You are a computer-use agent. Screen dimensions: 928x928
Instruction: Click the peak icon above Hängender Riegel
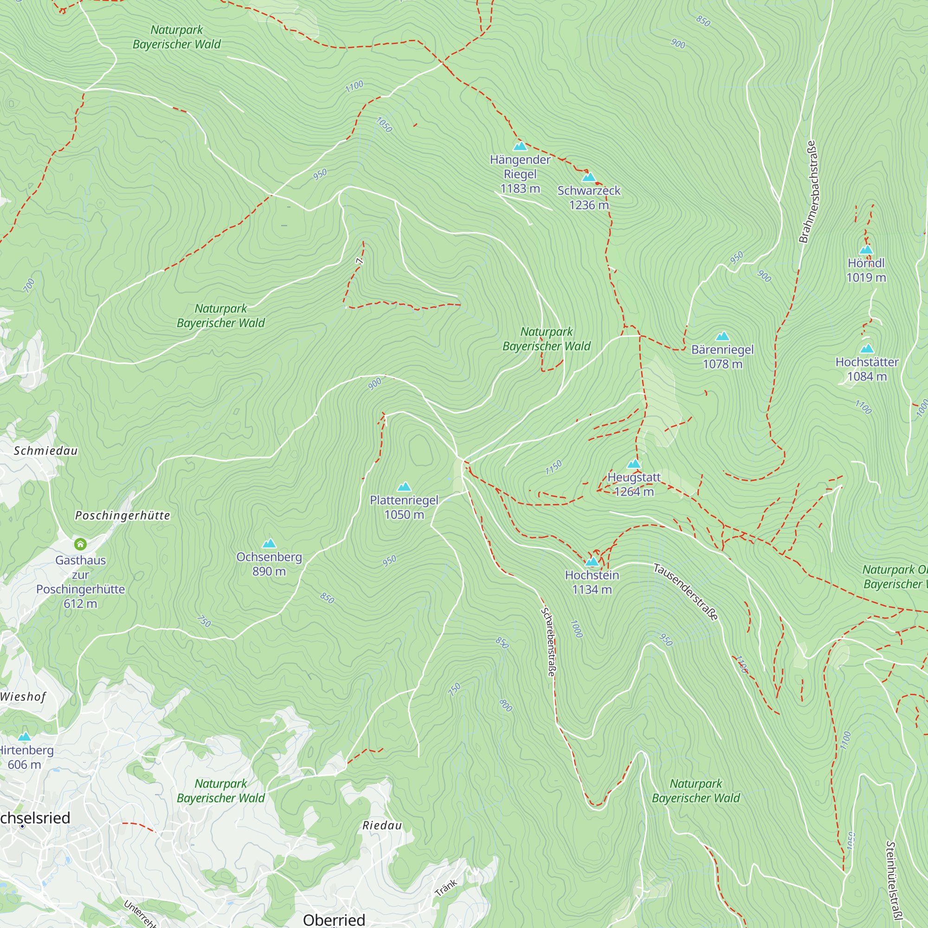520,146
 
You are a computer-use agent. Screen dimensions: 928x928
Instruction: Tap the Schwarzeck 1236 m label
589,197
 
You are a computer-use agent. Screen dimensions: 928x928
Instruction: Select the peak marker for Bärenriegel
722,336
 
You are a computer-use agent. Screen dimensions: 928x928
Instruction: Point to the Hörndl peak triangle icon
866,249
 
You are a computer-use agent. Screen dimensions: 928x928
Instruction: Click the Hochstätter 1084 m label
867,369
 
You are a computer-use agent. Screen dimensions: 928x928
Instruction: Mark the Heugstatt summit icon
634,464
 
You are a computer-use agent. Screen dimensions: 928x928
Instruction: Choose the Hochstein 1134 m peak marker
592,561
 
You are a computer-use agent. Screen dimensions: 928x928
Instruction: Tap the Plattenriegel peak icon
404,487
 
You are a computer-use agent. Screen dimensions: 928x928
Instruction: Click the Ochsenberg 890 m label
269,564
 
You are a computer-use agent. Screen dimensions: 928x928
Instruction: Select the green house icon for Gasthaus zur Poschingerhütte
80,544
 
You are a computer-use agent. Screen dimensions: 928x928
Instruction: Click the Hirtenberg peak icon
24,737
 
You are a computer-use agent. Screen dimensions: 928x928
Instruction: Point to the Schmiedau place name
45,451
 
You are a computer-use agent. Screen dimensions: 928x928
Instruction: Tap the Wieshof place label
23,696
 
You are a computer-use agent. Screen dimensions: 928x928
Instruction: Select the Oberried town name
334,919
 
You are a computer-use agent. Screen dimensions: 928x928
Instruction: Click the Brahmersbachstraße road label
810,192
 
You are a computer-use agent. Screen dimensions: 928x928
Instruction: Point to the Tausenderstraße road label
686,592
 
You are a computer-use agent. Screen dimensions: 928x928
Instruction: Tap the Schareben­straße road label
548,642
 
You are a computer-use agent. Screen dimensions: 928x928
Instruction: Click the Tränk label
446,887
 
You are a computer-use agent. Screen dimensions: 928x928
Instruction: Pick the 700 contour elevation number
29,285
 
